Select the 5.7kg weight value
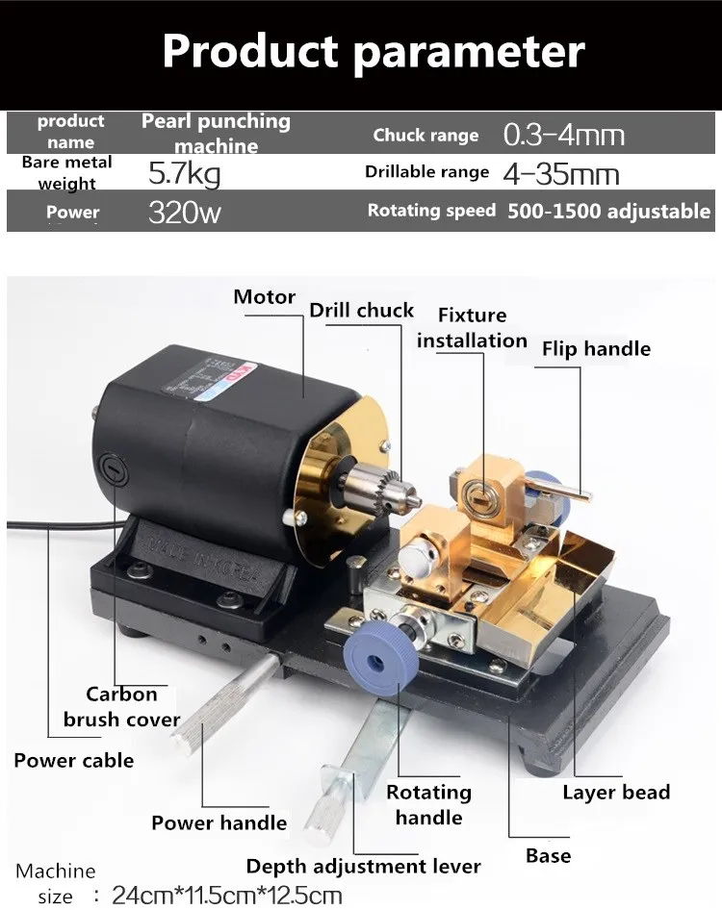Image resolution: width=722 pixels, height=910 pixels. pyautogui.click(x=185, y=174)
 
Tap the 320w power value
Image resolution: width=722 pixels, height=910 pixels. pyautogui.click(x=185, y=212)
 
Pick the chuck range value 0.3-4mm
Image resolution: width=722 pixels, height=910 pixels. pyautogui.click(x=564, y=135)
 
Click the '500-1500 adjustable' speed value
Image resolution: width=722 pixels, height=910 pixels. pyautogui.click(x=608, y=212)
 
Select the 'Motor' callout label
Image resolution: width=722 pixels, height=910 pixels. pyautogui.click(x=265, y=297)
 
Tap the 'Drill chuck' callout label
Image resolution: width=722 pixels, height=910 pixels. pyautogui.click(x=361, y=311)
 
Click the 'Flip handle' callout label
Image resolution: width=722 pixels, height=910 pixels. pyautogui.click(x=596, y=348)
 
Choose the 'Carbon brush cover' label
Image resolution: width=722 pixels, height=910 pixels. pyautogui.click(x=121, y=707)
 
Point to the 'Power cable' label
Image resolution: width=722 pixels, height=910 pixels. pyautogui.click(x=74, y=761)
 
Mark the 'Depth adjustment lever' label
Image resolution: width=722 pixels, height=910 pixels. pyautogui.click(x=363, y=867)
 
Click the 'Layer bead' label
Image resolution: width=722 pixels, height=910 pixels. pyautogui.click(x=616, y=794)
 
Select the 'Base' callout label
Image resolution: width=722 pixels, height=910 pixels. pyautogui.click(x=548, y=856)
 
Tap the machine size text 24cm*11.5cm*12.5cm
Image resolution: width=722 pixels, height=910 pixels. pyautogui.click(x=227, y=896)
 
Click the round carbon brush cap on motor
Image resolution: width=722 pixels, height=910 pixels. pyautogui.click(x=115, y=470)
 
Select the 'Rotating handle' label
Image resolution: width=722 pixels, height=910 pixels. pyautogui.click(x=428, y=805)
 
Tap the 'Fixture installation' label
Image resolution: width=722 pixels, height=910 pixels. pyautogui.click(x=472, y=328)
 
